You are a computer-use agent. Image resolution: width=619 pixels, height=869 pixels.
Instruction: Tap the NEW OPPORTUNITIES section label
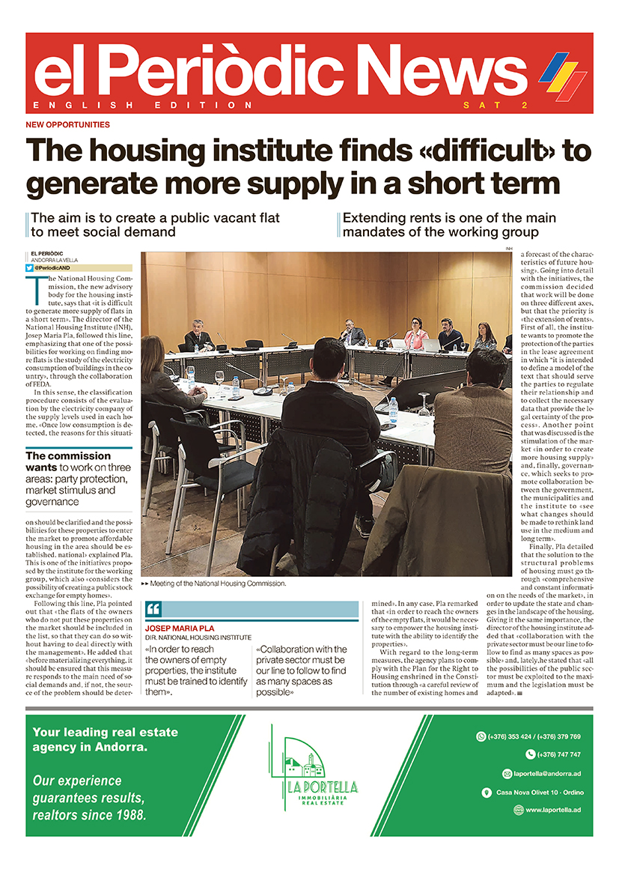[x=67, y=124]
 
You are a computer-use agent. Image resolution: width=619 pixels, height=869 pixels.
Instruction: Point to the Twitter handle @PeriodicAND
[x=56, y=267]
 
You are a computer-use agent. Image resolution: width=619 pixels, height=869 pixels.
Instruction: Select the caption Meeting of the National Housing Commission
[x=217, y=583]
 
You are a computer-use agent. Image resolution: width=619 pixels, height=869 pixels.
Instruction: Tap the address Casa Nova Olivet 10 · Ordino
[x=539, y=792]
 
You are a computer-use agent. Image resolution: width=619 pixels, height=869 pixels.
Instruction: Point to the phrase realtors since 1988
[x=89, y=814]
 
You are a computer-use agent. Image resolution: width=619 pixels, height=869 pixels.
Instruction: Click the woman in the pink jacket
[x=416, y=335]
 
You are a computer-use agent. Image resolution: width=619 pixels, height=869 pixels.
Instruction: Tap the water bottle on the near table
[x=393, y=409]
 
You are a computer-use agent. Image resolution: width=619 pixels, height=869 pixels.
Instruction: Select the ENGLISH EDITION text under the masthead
[x=142, y=105]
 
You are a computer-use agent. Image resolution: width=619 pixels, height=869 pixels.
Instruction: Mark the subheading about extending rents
[x=449, y=225]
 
